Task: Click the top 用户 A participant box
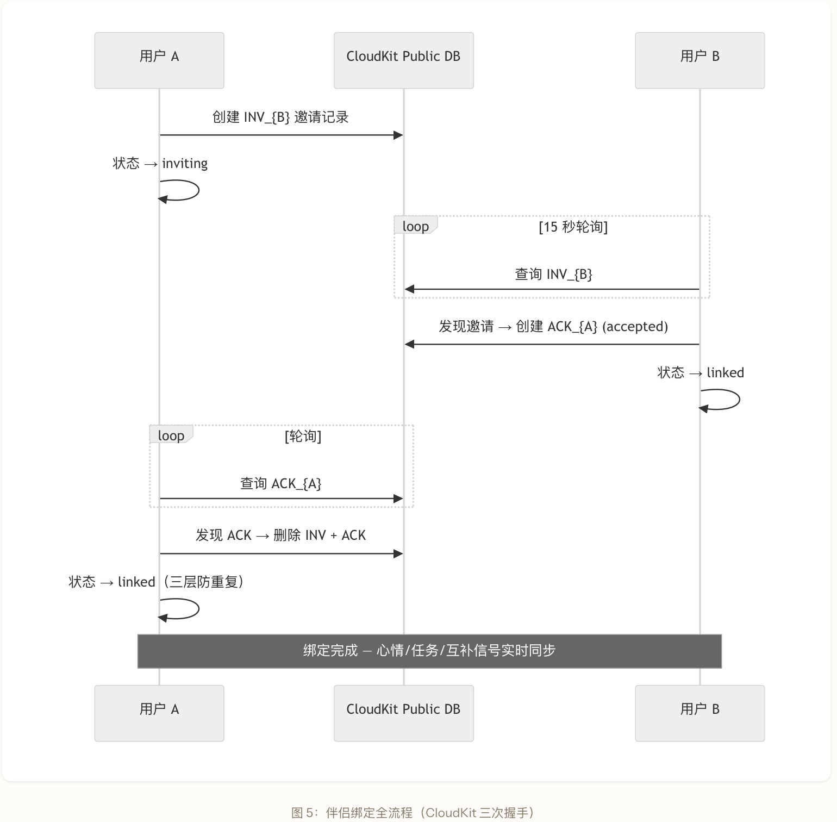[159, 60]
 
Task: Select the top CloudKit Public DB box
[404, 60]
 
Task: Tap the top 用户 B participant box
[700, 60]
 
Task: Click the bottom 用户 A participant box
[159, 713]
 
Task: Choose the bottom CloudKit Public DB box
[404, 713]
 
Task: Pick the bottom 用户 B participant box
[700, 713]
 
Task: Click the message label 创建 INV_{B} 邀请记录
[280, 117]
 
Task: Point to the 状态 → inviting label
[160, 164]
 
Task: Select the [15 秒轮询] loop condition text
[573, 227]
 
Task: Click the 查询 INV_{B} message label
[553, 274]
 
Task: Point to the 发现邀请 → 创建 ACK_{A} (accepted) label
[553, 326]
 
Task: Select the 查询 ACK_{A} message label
[281, 483]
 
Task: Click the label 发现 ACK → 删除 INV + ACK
[280, 535]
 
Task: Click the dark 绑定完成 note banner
[429, 651]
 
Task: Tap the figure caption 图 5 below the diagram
[413, 813]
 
